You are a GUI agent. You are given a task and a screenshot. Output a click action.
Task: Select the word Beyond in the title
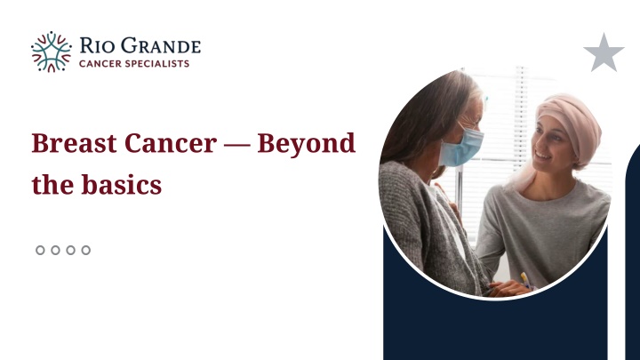point(307,143)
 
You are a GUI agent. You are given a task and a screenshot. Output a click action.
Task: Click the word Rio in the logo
point(97,44)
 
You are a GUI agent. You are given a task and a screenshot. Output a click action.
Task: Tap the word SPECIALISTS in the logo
point(159,63)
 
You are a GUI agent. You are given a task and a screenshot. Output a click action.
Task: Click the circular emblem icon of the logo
point(51,52)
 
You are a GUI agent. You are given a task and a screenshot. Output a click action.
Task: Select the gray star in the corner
point(604,53)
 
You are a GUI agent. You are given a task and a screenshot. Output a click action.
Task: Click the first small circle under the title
point(41,250)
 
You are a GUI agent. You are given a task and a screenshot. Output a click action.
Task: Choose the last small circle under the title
point(86,250)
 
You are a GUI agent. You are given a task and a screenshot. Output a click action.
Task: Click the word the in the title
point(49,185)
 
